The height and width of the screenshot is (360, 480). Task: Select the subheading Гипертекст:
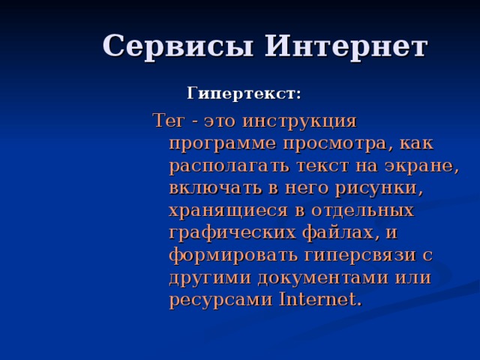point(244,94)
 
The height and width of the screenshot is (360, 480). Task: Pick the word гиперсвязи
point(362,255)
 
